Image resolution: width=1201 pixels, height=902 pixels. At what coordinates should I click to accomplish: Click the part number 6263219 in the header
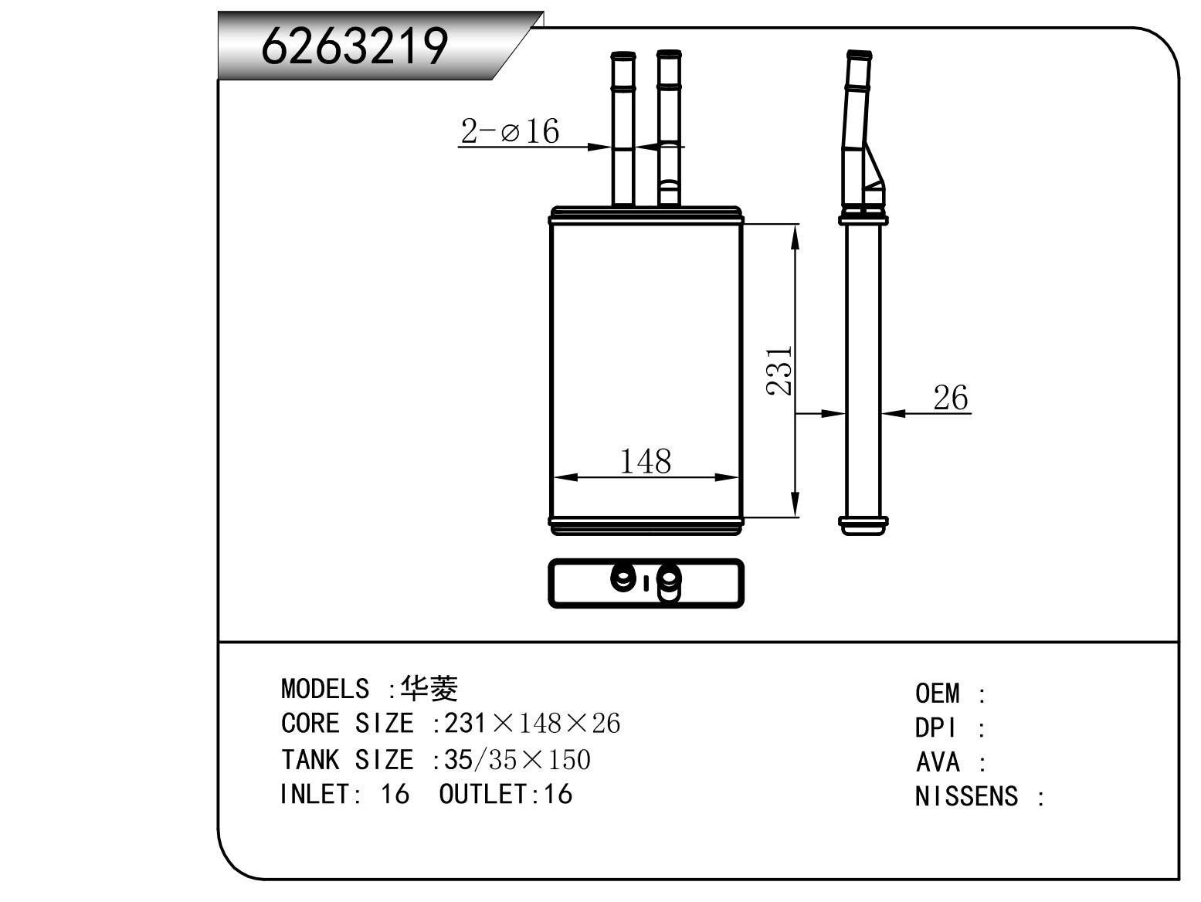[355, 46]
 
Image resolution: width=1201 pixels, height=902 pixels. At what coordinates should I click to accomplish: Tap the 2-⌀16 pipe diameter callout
[510, 131]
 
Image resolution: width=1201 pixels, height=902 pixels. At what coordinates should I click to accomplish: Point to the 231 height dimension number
[779, 371]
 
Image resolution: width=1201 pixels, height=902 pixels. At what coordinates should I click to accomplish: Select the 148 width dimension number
[645, 461]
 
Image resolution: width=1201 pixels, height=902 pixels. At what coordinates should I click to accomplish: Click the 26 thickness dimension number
[951, 398]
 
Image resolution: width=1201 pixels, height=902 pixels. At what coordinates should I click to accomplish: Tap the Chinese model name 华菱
[429, 688]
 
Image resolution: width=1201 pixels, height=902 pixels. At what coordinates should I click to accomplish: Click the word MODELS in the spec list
[325, 689]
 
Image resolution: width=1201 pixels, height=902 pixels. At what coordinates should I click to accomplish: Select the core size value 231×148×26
[532, 723]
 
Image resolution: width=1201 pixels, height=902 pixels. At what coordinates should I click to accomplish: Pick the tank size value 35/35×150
[517, 759]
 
